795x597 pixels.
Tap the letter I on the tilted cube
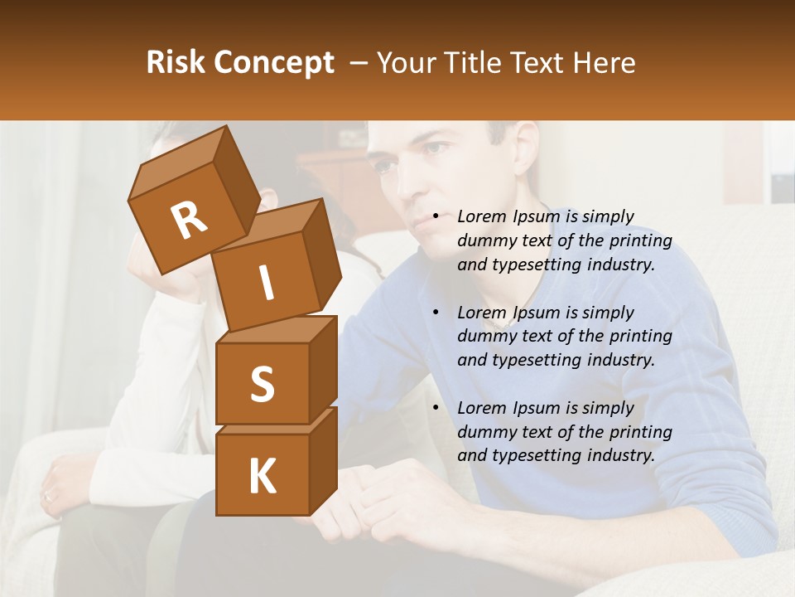(266, 283)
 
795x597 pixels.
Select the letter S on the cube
(263, 384)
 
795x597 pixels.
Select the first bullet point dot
(436, 216)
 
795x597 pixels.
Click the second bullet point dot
(436, 313)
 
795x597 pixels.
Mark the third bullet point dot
(436, 408)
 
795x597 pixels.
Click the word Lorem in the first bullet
(480, 216)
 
